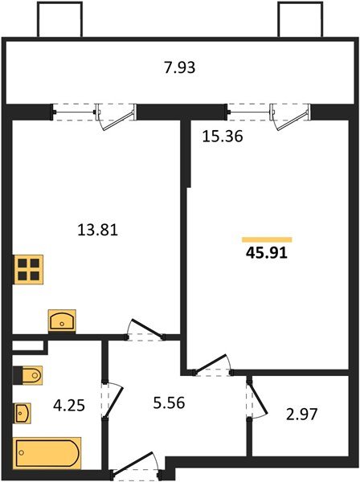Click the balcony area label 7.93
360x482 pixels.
(x=179, y=67)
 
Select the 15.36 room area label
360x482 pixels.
(x=222, y=137)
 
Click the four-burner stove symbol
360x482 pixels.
(x=28, y=268)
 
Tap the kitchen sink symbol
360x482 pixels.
(x=62, y=321)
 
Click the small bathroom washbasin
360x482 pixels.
(x=23, y=414)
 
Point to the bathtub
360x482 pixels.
(x=47, y=453)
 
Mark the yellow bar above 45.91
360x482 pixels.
(x=267, y=239)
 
